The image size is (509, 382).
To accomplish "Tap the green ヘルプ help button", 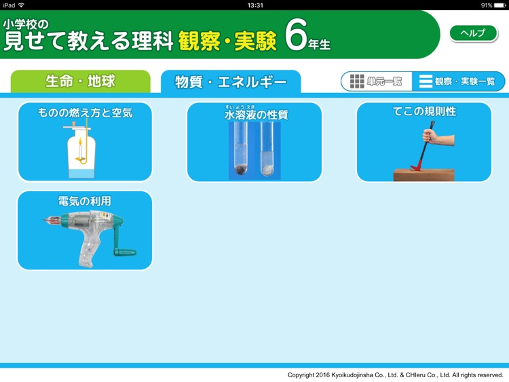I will [472, 33].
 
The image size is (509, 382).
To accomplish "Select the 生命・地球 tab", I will [80, 81].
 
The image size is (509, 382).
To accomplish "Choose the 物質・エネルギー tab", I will [231, 82].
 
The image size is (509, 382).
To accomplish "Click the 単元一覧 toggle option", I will [377, 81].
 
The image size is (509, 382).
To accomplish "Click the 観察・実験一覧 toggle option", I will [458, 81].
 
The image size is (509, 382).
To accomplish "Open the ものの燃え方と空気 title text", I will [85, 113].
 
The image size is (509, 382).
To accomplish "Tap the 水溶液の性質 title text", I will [255, 115].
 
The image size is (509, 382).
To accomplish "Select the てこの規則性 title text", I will [424, 112].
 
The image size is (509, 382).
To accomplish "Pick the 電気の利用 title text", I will [85, 201].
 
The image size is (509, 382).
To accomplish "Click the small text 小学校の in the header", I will [26, 24].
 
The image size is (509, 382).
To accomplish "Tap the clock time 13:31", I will [255, 5].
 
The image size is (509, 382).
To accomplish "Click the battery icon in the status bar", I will [499, 5].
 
